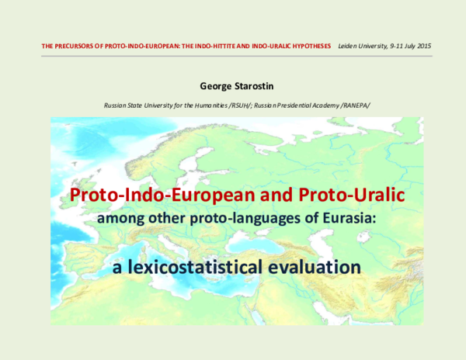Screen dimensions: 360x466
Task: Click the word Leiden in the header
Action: pyautogui.click(x=349, y=47)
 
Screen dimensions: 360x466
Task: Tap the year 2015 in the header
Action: pyautogui.click(x=423, y=47)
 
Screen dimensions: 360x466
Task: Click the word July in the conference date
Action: pyautogui.click(x=405, y=47)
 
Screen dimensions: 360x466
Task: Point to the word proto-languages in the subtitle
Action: pyautogui.click(x=260, y=220)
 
